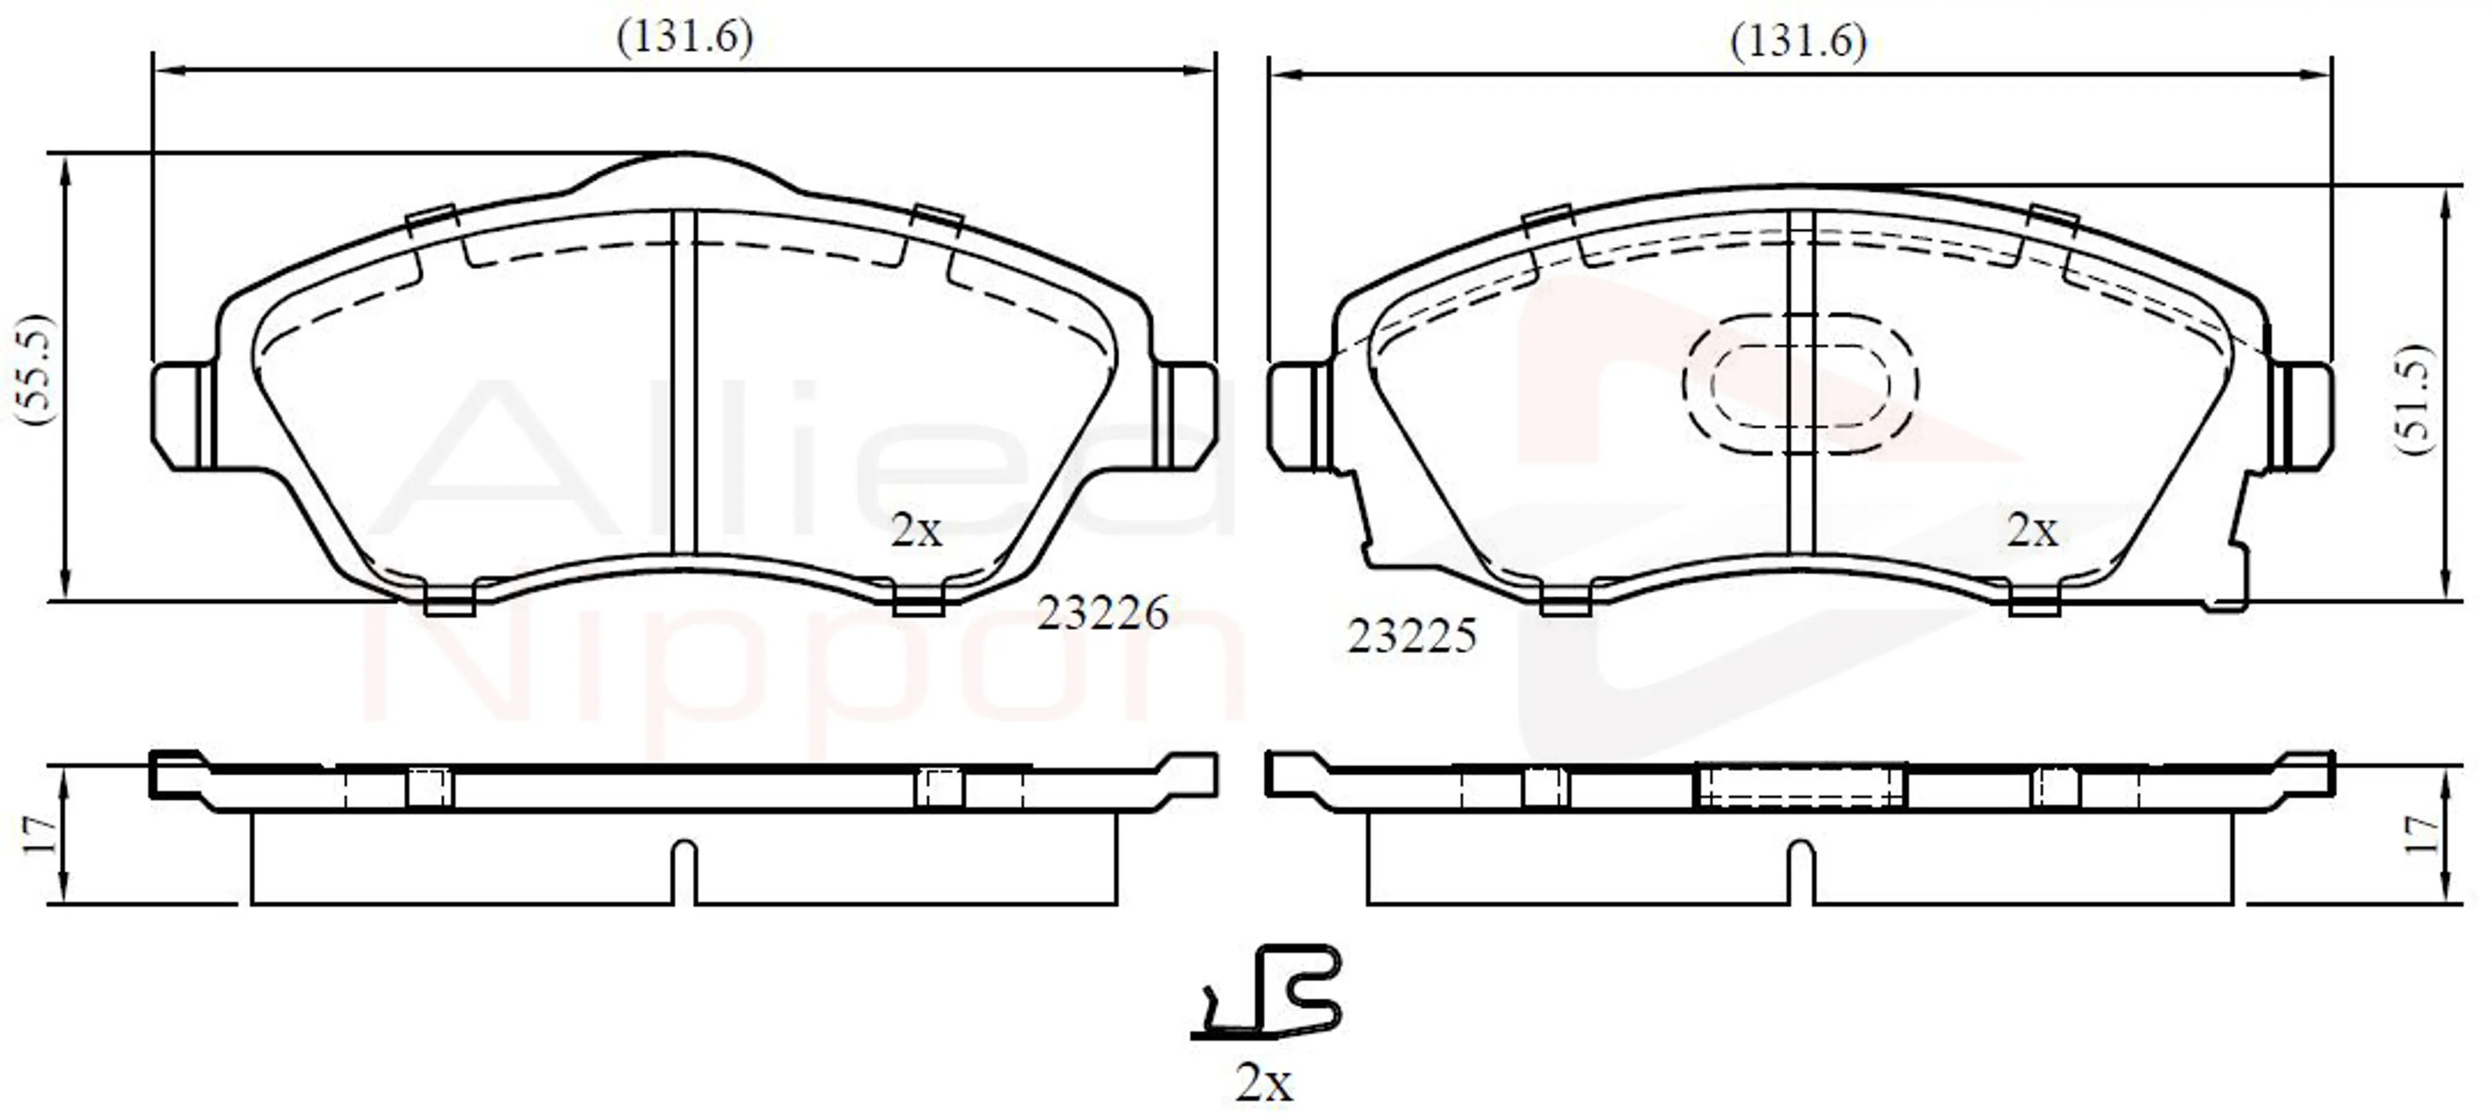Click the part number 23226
pyautogui.click(x=1102, y=613)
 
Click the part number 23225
pyautogui.click(x=1412, y=636)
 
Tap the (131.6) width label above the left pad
pyautogui.click(x=684, y=39)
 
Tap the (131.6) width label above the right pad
pyautogui.click(x=1799, y=43)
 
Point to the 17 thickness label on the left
pyautogui.click(x=39, y=835)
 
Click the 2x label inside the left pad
pyautogui.click(x=916, y=530)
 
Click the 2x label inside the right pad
pyautogui.click(x=2032, y=530)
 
